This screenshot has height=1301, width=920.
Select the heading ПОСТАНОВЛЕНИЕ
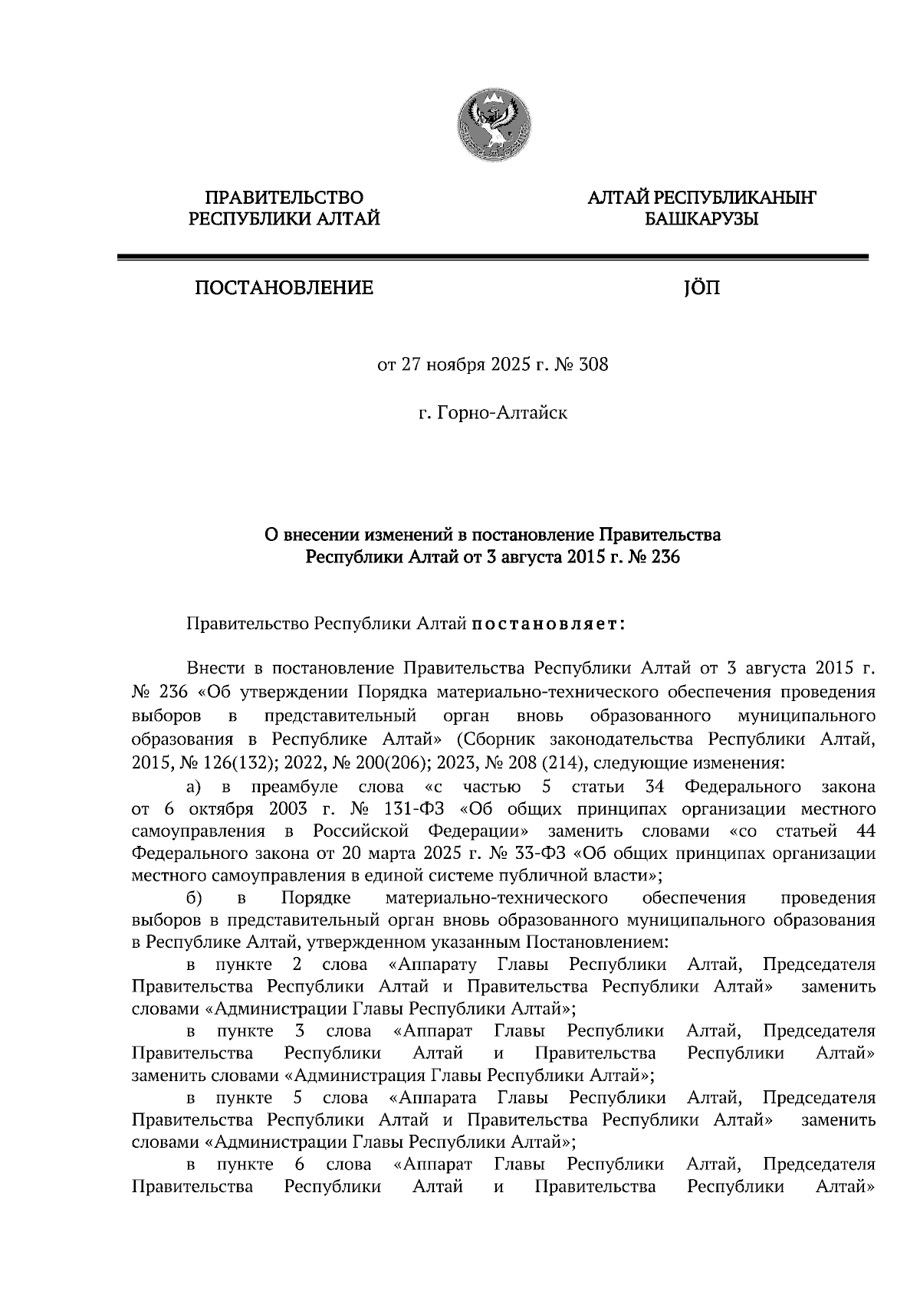tap(284, 288)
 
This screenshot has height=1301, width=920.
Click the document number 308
tap(593, 365)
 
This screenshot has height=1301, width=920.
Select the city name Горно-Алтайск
tap(502, 414)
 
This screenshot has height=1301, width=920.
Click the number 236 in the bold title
tap(665, 557)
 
